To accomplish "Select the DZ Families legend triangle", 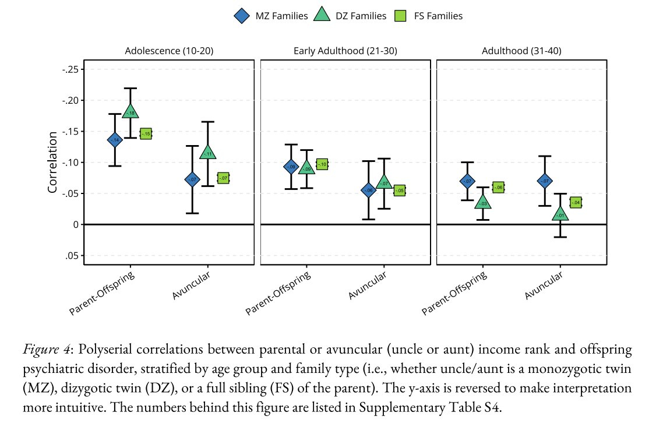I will [x=322, y=16].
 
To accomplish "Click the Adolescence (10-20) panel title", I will [x=169, y=51].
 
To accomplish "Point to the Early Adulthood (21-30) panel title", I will [x=345, y=51].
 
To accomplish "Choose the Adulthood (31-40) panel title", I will [x=521, y=51].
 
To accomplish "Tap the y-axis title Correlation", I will [x=52, y=163].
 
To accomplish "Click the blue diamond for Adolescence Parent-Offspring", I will [x=115, y=140].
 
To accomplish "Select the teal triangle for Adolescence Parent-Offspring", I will [x=130, y=111].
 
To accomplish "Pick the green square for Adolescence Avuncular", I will [x=223, y=178].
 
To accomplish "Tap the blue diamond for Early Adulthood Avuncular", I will [x=368, y=190].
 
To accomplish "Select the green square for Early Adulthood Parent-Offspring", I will [x=322, y=165].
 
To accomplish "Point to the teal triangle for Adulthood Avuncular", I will [x=560, y=214].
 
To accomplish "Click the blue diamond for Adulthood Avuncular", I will [x=545, y=181].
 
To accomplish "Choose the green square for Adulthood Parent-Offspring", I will [x=498, y=187].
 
